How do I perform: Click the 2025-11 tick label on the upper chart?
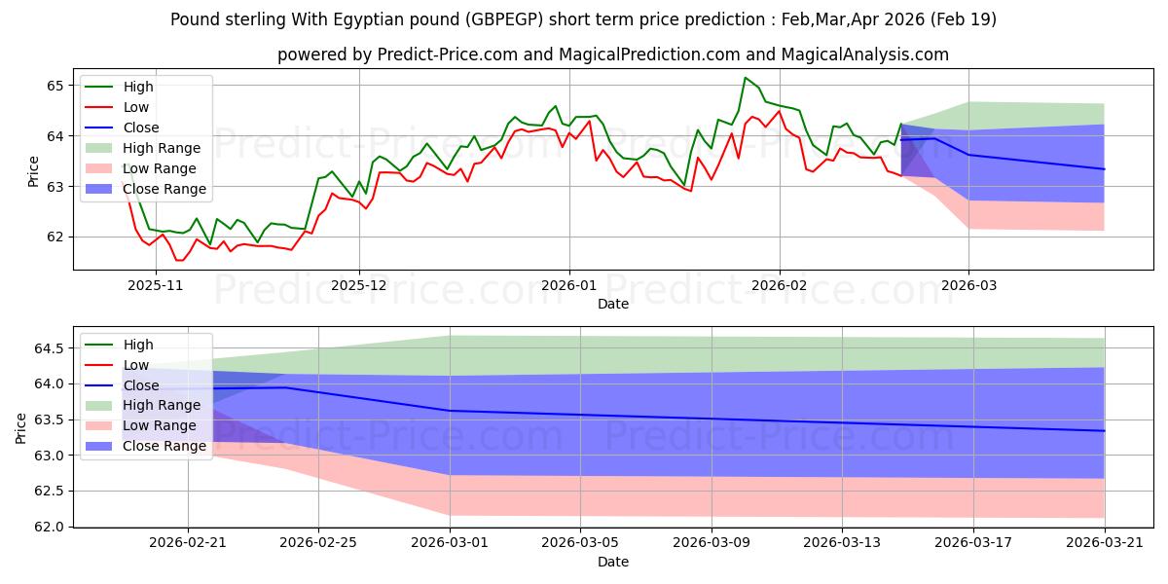156,286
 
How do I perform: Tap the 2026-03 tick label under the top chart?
968,286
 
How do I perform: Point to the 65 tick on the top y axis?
55,86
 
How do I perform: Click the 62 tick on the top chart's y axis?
55,237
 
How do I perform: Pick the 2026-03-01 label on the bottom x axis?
450,543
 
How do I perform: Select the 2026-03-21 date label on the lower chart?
1105,543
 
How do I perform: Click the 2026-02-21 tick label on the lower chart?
188,543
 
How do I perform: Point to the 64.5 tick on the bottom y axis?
49,348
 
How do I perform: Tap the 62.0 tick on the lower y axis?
49,528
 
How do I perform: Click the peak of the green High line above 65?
746,78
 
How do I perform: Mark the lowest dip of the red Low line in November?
178,260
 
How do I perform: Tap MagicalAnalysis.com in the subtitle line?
864,55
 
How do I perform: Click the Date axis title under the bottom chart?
613,563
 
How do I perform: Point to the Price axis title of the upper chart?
33,171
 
